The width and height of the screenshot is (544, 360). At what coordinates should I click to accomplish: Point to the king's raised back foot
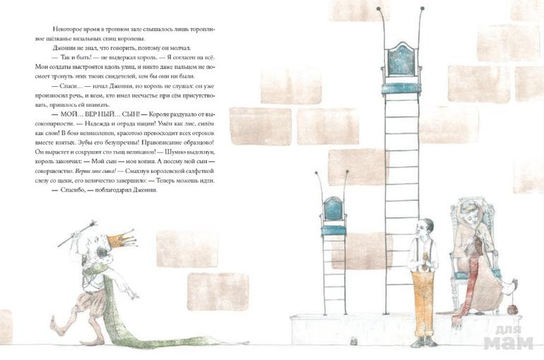[57, 326]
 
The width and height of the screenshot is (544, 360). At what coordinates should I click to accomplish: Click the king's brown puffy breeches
[91, 303]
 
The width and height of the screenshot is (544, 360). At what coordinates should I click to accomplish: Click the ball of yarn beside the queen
[512, 309]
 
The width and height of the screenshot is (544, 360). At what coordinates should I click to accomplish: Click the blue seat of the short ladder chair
[333, 230]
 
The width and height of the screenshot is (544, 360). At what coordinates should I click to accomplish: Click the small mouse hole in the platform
[354, 341]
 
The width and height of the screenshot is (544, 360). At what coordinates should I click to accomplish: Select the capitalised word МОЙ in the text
[69, 114]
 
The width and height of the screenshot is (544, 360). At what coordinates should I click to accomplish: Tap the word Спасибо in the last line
[73, 190]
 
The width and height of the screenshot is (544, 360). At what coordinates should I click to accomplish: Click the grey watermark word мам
[508, 342]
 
